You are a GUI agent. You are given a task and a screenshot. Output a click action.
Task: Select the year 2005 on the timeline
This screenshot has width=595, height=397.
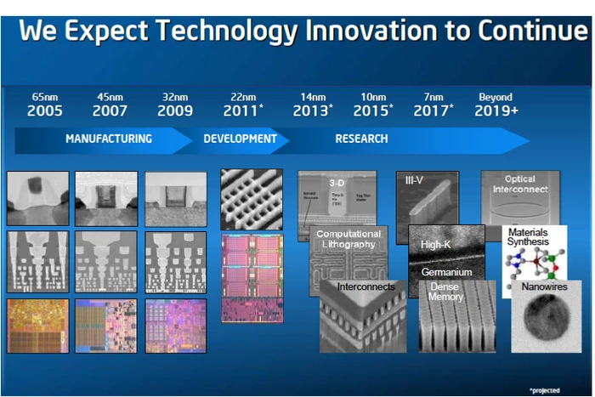(x=44, y=111)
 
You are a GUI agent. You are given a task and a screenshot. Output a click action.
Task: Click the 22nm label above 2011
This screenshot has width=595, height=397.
(x=241, y=97)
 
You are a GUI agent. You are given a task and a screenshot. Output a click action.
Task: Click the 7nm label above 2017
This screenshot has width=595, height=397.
(x=433, y=97)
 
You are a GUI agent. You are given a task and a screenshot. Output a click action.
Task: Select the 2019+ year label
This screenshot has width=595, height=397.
(x=496, y=111)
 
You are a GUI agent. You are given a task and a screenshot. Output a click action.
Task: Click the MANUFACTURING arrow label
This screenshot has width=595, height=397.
(x=109, y=139)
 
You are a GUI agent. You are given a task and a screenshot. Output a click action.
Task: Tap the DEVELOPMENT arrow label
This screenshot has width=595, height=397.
(x=240, y=139)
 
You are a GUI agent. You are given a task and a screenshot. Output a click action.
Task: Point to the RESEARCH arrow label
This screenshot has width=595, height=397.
(x=361, y=139)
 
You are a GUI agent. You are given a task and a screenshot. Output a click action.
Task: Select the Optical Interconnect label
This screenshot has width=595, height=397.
(x=519, y=184)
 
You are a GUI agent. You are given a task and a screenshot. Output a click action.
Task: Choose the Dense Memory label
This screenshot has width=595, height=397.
(x=445, y=292)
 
